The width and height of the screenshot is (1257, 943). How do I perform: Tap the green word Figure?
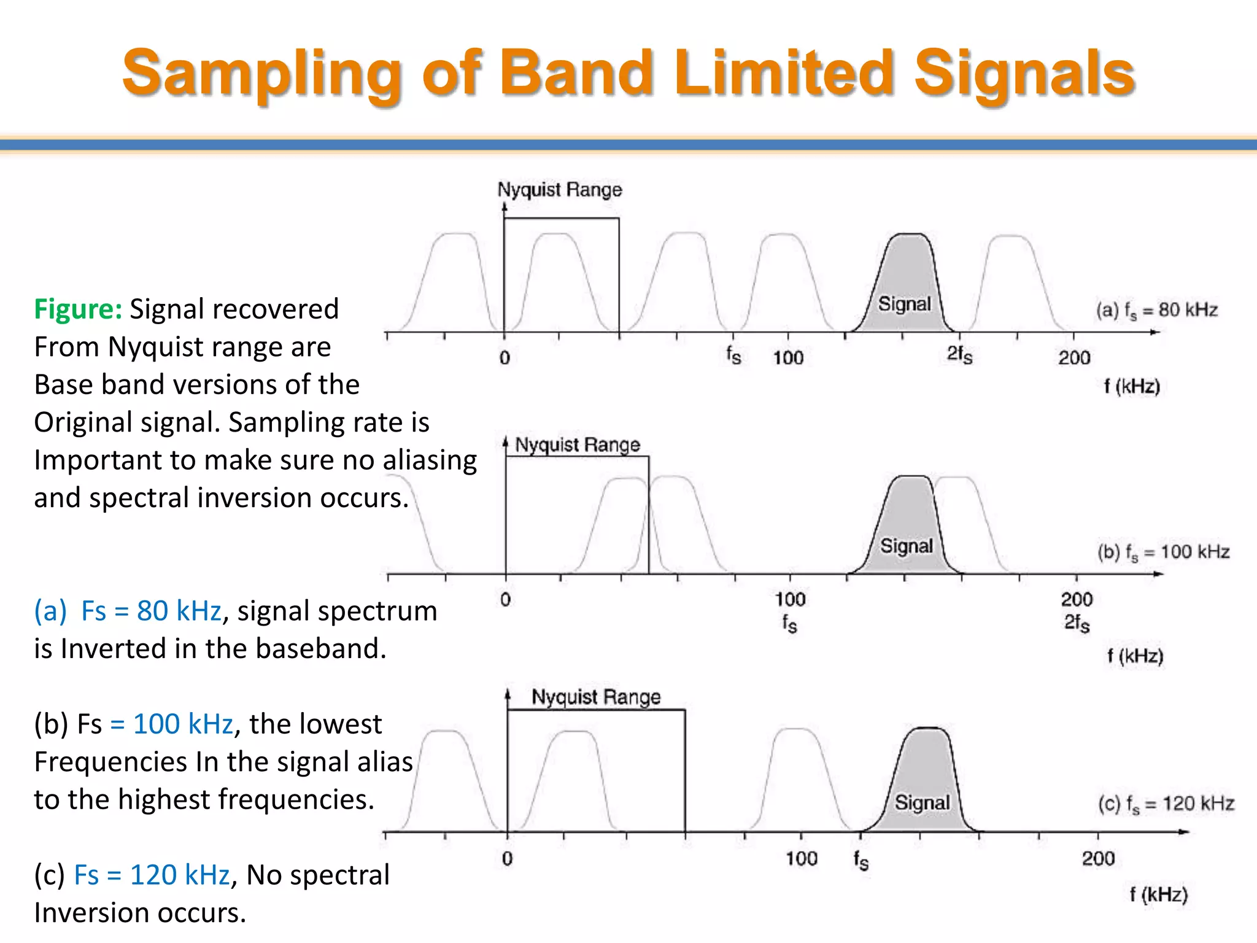(x=78, y=309)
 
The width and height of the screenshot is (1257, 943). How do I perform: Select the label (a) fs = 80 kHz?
(x=1156, y=310)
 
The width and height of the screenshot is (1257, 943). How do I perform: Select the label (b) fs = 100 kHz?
(x=1163, y=552)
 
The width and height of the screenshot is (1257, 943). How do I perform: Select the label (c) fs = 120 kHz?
(x=1166, y=803)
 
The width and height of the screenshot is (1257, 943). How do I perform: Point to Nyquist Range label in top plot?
(x=559, y=190)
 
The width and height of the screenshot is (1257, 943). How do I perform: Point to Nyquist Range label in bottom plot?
(x=595, y=697)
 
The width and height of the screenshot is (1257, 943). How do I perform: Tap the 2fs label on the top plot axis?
(x=959, y=355)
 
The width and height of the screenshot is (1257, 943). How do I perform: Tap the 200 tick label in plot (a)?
(x=1073, y=357)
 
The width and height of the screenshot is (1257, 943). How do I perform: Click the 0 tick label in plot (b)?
(x=505, y=600)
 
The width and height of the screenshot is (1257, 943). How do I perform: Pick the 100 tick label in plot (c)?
(x=801, y=858)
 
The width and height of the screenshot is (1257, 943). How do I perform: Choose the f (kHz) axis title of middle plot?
(x=1135, y=656)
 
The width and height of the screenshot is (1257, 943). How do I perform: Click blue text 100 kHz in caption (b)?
(x=182, y=724)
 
